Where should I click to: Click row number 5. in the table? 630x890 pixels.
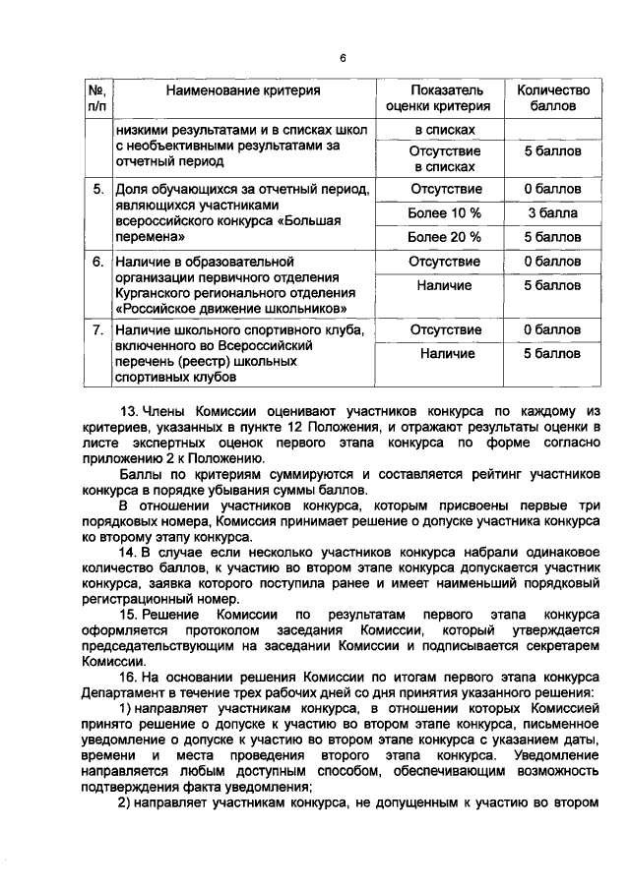pos(98,189)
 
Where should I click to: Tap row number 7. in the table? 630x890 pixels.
pos(98,329)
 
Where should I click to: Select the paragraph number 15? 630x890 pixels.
pos(127,615)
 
